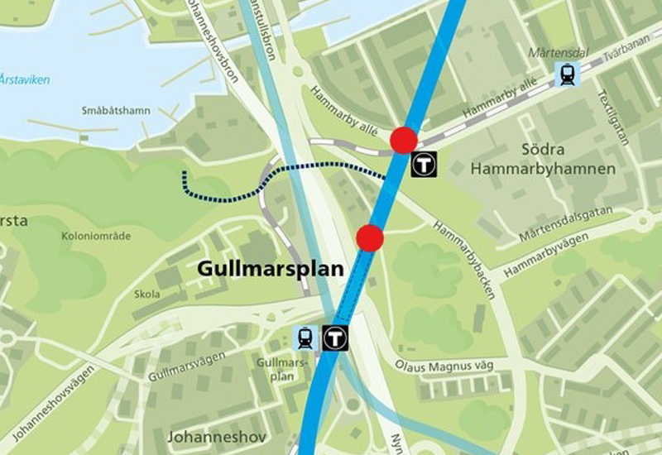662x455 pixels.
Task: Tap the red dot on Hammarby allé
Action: click(404, 141)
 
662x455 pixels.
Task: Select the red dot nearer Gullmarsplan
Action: click(370, 238)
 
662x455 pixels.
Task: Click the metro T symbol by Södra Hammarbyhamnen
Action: click(424, 164)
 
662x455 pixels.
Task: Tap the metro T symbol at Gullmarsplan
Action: click(334, 337)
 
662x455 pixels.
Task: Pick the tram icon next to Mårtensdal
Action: click(568, 74)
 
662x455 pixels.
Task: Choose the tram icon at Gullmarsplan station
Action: click(305, 337)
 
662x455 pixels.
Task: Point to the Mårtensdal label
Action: click(558, 53)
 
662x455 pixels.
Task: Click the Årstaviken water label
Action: click(24, 80)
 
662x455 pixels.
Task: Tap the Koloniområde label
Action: click(96, 236)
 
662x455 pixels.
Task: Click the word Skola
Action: click(146, 294)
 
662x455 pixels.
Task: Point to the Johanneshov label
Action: click(205, 436)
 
